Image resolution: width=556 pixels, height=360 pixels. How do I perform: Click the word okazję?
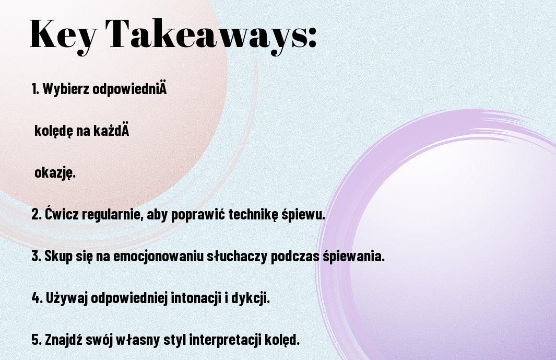(55, 173)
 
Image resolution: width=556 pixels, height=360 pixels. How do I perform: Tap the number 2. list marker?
(37, 214)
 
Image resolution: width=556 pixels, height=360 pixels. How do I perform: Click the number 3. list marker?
(37, 256)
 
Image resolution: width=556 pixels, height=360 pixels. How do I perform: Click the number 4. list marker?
(37, 298)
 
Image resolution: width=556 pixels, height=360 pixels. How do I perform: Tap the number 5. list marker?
(37, 340)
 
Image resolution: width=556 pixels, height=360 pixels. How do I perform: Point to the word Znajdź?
(64, 340)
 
